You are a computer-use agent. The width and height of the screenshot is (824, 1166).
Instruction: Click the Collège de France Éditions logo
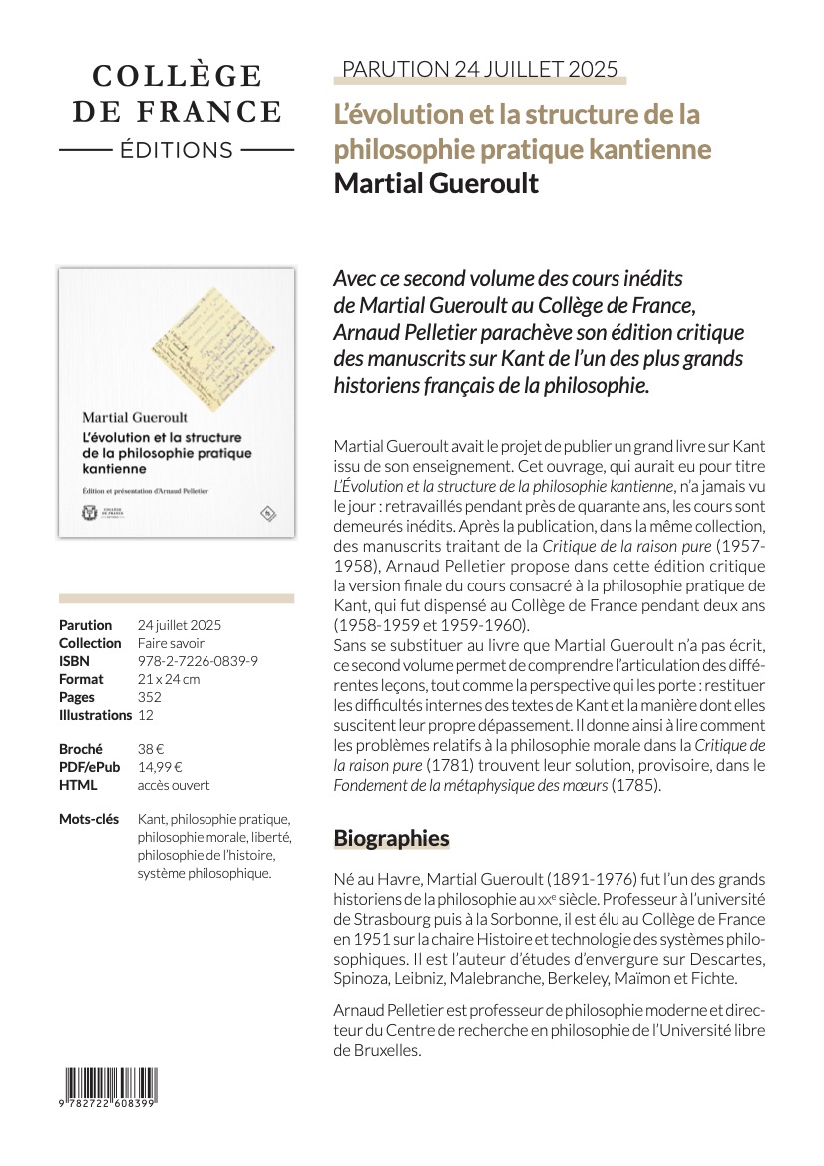177,112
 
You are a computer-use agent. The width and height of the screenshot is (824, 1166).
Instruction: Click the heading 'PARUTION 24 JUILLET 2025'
479,69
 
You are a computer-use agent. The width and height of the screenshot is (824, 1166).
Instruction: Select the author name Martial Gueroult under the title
436,184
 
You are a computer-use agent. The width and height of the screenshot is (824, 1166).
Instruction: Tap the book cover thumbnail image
177,403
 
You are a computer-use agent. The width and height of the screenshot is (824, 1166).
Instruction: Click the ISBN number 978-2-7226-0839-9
198,661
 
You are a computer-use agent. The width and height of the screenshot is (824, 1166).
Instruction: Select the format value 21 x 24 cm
169,679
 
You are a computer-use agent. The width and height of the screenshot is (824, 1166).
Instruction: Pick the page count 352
150,697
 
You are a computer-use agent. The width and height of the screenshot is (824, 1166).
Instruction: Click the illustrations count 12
146,715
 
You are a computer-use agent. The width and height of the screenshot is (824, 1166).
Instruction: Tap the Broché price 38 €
150,749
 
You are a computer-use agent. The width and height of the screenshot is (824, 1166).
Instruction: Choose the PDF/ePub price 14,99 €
160,767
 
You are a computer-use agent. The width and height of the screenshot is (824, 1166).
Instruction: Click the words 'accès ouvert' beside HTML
174,785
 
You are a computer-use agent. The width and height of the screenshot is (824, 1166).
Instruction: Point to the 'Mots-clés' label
93,820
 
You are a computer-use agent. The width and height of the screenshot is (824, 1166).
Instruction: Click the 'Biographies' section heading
391,838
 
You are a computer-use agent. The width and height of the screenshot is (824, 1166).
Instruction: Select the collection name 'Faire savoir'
171,643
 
